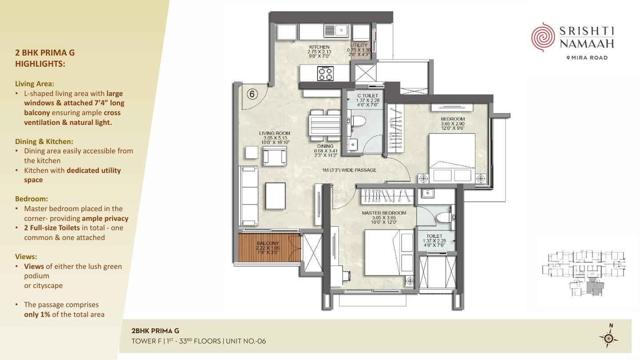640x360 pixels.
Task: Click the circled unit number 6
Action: [x=252, y=94]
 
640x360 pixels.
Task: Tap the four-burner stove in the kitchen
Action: [x=326, y=73]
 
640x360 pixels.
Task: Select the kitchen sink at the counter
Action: [x=336, y=31]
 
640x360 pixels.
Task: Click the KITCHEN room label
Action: [x=319, y=47]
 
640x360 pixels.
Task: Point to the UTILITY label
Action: [x=359, y=45]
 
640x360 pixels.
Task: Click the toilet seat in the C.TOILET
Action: [x=358, y=121]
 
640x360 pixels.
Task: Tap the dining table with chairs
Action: [x=325, y=125]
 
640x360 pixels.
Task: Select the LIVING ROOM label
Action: [x=274, y=133]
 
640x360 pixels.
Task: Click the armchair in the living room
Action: [x=274, y=156]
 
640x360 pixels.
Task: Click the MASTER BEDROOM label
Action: [x=384, y=213]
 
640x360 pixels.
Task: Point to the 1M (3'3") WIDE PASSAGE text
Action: [x=349, y=170]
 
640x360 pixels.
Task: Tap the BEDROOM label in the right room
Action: [x=453, y=119]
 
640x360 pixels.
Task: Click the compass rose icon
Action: [x=609, y=338]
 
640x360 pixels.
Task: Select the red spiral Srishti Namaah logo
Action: [x=543, y=37]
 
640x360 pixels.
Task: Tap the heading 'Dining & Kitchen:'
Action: [x=44, y=141]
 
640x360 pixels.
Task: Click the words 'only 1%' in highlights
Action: [x=37, y=314]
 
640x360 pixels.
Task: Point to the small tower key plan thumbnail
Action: [x=584, y=273]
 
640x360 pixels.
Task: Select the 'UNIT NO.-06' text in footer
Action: [x=246, y=341]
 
